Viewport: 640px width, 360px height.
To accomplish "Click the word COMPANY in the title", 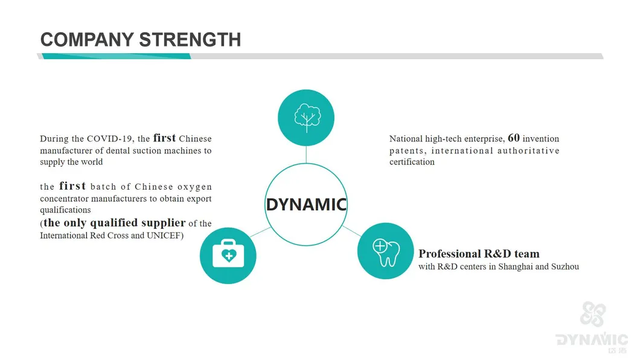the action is pos(87,40).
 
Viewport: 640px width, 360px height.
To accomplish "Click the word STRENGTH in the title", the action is pos(190,40).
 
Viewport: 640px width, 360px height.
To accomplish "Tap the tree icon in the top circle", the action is pos(307,118).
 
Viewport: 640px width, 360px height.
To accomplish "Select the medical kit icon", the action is pos(228,254).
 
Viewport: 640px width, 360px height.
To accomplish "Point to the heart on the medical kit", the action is pos(229,256).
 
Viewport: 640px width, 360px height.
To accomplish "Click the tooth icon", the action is pos(386,252).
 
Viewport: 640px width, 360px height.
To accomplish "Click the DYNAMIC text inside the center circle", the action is pos(306,205).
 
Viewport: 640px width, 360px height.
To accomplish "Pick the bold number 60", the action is pos(513,138).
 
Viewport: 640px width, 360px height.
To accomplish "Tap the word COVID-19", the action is pos(109,139).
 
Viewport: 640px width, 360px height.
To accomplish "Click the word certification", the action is pos(412,162).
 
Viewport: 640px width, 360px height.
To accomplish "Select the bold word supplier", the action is pos(163,223).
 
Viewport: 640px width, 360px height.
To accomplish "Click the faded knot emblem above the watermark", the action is pos(593,314).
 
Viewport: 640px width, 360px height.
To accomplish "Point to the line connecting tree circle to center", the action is pos(306,155).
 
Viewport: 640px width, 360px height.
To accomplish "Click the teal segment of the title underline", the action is pos(117,56).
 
